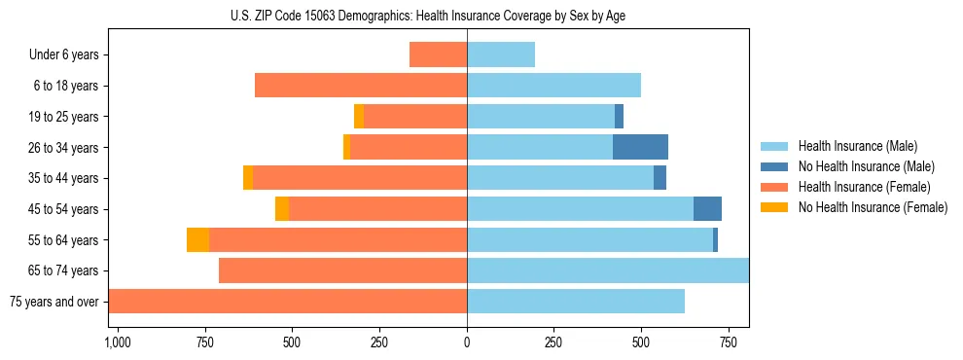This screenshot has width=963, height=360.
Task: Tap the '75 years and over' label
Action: [x=54, y=302]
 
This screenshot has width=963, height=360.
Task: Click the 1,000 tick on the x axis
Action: [x=117, y=342]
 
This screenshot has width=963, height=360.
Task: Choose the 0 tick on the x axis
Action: [x=467, y=342]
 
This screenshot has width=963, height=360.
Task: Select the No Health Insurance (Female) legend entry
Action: [x=873, y=207]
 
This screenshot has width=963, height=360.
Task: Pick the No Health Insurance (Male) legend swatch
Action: [x=775, y=166]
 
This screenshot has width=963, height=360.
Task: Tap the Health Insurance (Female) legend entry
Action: [x=865, y=187]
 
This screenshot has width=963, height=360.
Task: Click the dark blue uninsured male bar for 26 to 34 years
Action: [x=640, y=148]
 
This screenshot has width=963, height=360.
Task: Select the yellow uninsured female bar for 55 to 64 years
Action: [x=197, y=240]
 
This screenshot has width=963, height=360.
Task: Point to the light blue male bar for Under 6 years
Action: [x=501, y=55]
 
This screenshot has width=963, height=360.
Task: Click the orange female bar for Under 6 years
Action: [x=438, y=55]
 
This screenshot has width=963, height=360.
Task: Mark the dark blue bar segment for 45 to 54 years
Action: [x=707, y=209]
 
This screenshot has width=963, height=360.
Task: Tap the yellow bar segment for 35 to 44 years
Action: [x=248, y=178]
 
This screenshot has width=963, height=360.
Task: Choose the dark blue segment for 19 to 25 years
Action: [x=619, y=117]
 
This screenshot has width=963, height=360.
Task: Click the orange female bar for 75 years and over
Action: [x=288, y=302]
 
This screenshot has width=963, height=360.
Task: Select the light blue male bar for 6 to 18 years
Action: [x=553, y=86]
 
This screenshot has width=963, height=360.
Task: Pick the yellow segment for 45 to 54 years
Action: [x=282, y=209]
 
